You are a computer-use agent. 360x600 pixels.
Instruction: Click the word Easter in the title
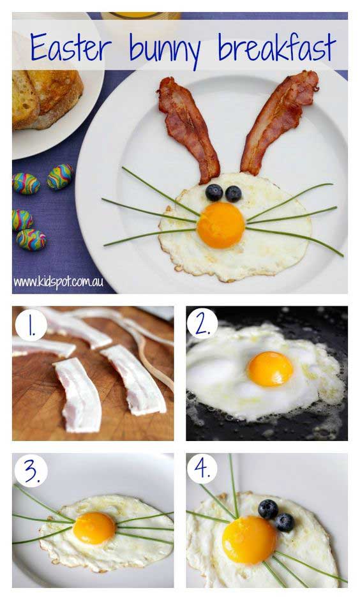point(71,47)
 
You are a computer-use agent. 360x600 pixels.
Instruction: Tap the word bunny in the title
point(165,50)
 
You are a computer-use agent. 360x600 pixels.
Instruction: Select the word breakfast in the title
point(277,47)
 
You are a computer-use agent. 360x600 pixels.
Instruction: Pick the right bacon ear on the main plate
point(278,121)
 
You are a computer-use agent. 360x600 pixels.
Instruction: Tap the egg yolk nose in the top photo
point(221,225)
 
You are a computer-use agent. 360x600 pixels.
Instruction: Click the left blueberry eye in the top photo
point(214,193)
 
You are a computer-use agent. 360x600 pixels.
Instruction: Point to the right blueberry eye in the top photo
point(234,194)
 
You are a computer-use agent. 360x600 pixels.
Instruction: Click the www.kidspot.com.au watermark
point(58,282)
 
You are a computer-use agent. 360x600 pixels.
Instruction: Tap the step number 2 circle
point(202,324)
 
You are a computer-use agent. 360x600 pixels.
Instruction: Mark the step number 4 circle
point(202,469)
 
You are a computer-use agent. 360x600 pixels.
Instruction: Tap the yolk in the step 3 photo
point(94,528)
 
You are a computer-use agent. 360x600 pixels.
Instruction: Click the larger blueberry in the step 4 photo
point(268,509)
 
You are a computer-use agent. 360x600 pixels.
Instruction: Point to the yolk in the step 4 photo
point(250,540)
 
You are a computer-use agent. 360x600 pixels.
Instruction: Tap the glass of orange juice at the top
point(140,16)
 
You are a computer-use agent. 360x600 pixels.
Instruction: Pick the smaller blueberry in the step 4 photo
point(285,522)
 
